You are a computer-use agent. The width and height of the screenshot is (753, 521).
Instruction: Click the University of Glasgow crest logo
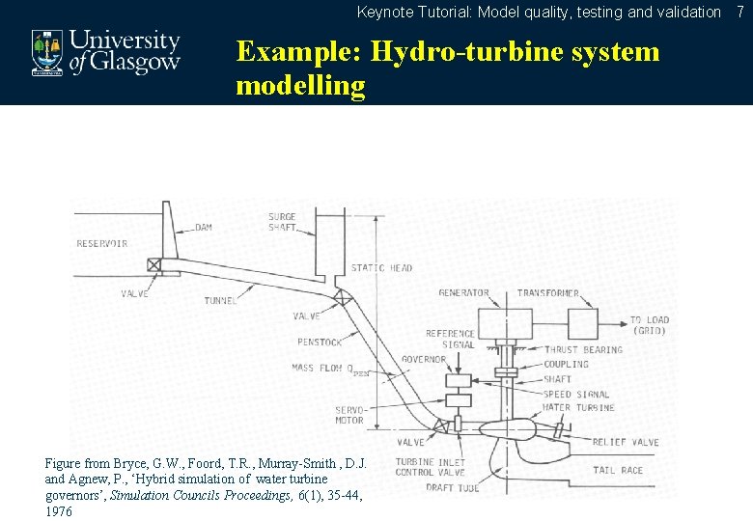[45, 52]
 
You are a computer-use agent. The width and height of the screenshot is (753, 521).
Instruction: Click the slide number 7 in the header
[740, 12]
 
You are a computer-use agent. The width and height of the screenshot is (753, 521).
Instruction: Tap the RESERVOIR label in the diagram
[102, 243]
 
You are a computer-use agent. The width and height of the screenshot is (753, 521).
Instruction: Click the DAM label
[204, 228]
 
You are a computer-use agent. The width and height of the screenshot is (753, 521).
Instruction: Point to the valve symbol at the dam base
[154, 264]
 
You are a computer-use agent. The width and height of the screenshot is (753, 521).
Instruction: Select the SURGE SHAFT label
[282, 222]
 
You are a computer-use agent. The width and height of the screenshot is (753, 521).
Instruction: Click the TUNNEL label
[219, 301]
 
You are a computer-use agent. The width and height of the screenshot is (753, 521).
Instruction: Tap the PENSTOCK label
[319, 341]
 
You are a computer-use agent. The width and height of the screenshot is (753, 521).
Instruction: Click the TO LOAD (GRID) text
[649, 325]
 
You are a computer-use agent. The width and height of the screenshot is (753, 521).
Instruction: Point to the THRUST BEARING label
[583, 349]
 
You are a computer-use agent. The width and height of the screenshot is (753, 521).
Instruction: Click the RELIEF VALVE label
[625, 442]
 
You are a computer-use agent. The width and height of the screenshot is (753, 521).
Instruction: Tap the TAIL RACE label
[617, 471]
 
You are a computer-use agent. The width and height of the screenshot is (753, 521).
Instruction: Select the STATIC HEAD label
[381, 268]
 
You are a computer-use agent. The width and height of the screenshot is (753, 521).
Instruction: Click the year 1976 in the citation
[58, 511]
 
